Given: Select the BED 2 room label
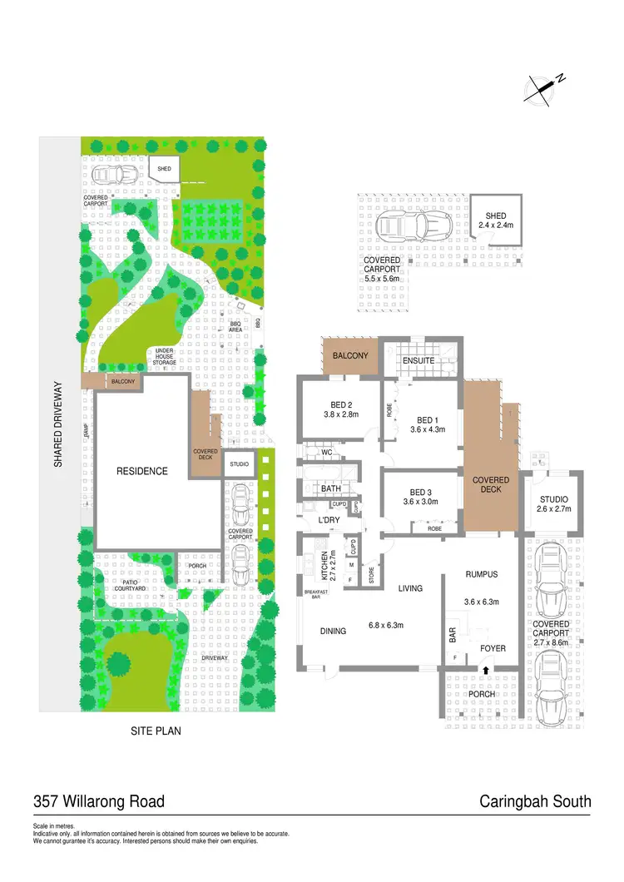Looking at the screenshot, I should [x=338, y=405].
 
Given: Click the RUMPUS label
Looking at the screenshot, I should [x=481, y=574].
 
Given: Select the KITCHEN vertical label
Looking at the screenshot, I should [x=324, y=564].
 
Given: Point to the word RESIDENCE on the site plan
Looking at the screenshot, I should [x=141, y=471].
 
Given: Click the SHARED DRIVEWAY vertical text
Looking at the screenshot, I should [x=59, y=424].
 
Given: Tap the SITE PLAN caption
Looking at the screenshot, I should [x=156, y=732].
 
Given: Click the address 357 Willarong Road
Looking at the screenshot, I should [x=99, y=802].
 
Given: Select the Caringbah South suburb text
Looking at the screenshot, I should [x=535, y=802].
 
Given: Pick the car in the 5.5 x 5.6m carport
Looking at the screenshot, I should [x=414, y=225].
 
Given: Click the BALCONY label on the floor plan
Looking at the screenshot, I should [x=350, y=356].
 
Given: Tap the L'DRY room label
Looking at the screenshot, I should [x=321, y=521].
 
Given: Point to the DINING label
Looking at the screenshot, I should [x=333, y=632].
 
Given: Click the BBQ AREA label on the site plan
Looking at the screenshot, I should [x=235, y=327].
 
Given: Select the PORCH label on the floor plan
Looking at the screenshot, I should [x=482, y=694].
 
